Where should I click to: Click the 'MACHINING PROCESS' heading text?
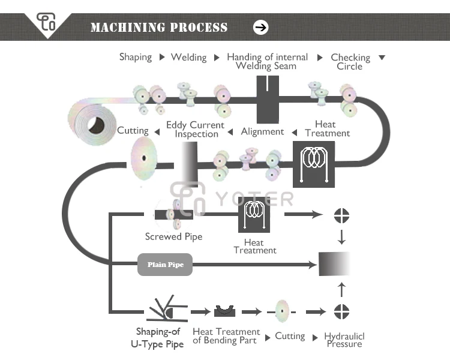coord(159,28)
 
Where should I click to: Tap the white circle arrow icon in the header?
coord(261,27)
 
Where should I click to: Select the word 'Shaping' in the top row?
coord(136,57)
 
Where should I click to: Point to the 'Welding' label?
coord(188,58)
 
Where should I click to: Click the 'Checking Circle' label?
coord(350,62)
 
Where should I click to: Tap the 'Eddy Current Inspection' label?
coord(196,130)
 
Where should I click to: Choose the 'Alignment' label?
coord(262,131)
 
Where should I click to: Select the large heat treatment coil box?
coord(313,164)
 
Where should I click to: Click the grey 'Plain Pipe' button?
coord(165,264)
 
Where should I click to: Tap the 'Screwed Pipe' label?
coord(173,236)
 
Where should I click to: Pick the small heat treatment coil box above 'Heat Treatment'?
coord(254,214)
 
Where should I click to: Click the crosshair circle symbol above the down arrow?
coord(341,215)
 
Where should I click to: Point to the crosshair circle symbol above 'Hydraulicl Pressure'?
coord(341,311)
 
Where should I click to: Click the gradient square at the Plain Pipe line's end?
coord(334,264)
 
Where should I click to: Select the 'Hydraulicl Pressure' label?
coord(344,340)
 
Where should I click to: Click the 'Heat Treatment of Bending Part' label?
coord(226,336)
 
